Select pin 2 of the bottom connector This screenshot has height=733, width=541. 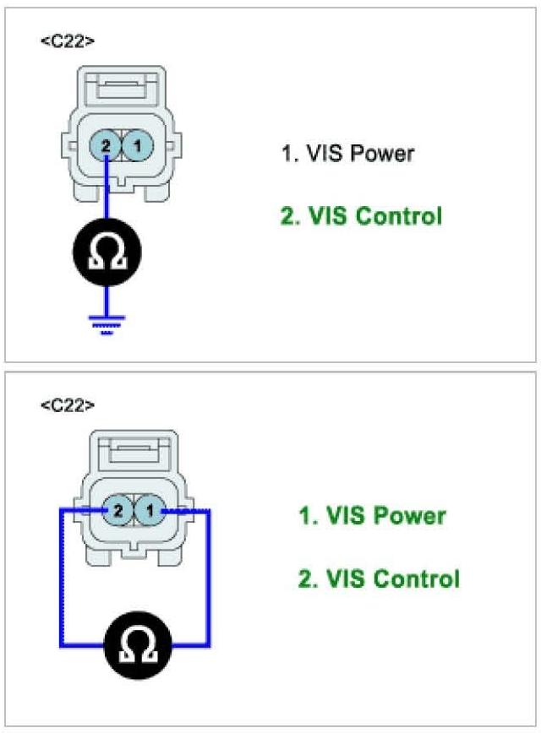118,510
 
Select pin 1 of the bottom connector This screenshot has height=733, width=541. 148,510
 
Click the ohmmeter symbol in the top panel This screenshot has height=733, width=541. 107,251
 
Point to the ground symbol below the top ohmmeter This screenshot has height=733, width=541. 107,323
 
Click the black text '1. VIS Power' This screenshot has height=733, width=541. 347,154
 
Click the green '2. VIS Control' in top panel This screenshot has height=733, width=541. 361,216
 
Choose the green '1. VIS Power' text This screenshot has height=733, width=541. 372,515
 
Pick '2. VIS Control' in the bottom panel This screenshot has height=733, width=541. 379,579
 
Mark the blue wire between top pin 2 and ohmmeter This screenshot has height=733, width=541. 107,198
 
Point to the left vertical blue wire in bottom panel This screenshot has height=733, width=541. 60,583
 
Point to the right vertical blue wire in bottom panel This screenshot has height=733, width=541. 209,583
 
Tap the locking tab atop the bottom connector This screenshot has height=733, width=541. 135,451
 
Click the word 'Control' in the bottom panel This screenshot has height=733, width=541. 416,579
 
